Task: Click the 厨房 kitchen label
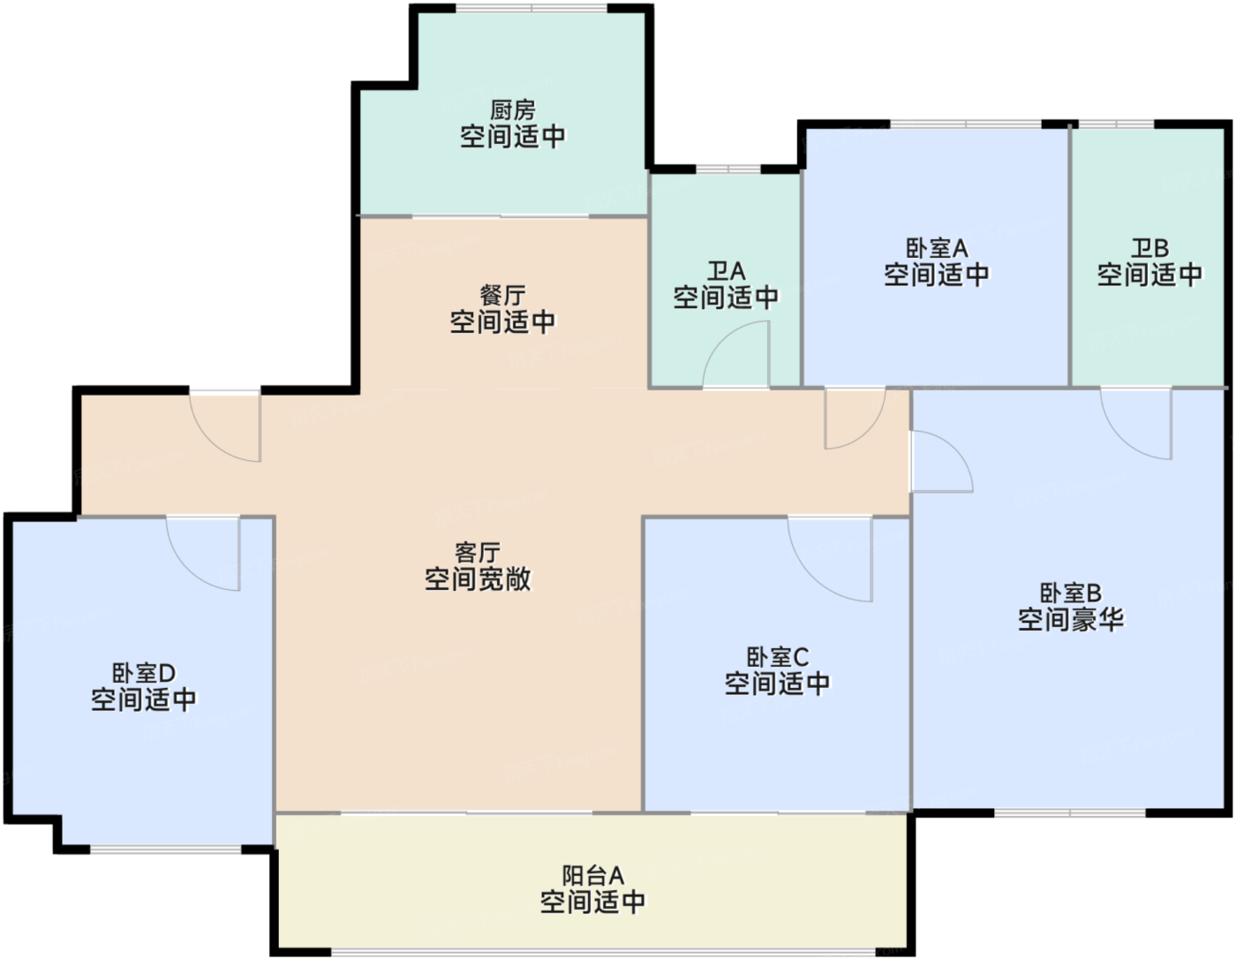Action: click(513, 110)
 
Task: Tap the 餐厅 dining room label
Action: click(502, 295)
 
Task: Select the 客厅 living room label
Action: click(478, 553)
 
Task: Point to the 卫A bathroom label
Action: click(726, 271)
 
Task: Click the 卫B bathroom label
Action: click(1149, 248)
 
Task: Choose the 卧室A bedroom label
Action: click(937, 248)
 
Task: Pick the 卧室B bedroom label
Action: click(1070, 593)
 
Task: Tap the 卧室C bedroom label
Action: click(777, 657)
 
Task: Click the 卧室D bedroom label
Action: click(143, 674)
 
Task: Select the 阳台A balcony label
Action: click(592, 875)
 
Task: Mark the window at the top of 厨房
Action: click(531, 8)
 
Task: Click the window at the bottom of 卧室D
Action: click(166, 850)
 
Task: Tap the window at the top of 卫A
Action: click(727, 169)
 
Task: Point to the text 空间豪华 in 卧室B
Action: click(1070, 620)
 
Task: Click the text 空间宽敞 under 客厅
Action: click(478, 579)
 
